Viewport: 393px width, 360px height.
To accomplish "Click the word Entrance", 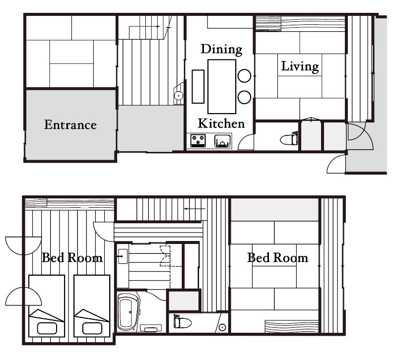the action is pos(70,125).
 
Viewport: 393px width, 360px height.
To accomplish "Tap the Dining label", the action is pos(222,50).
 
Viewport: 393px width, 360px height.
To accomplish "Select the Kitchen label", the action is pos(221,123).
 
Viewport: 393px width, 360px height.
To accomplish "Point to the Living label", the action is pos(300,66).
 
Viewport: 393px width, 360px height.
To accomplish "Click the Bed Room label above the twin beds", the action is pos(72,258).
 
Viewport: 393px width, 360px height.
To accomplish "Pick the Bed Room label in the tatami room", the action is pos(278,258).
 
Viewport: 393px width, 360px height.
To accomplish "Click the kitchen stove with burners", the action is pos(198,140).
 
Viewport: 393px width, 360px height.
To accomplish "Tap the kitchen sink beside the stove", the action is pos(222,141).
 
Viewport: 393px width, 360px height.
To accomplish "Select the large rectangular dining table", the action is pos(222,86).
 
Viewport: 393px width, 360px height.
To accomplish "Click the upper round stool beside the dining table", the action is pos(244,76).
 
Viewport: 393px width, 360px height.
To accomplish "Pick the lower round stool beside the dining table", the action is pos(244,97).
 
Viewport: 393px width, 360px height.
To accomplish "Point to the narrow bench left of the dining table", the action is pos(198,86).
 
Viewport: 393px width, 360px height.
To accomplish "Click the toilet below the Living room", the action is pos(289,139).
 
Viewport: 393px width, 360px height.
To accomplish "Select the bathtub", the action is pos(128,311).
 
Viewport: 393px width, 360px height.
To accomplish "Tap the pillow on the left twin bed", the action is pos(47,328).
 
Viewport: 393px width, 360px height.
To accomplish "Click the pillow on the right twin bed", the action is pos(92,328).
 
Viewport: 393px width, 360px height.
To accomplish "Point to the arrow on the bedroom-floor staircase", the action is pos(195,208).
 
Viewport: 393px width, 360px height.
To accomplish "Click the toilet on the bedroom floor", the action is pos(182,322).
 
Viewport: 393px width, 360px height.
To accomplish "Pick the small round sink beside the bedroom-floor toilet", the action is pos(222,327).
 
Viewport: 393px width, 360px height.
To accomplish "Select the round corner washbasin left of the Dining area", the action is pos(179,95).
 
